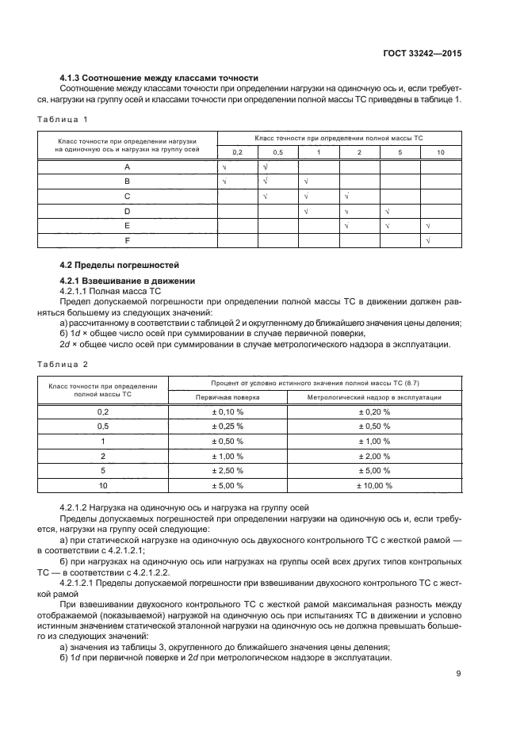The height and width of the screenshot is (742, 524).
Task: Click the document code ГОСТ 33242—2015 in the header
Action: coord(421,54)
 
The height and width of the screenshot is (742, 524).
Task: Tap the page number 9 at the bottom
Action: coord(459,674)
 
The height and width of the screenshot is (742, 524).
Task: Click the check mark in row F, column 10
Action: coord(428,240)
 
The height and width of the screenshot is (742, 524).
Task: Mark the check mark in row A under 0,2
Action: coord(224,167)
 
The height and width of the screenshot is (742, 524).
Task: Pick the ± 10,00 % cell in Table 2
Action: coord(373,484)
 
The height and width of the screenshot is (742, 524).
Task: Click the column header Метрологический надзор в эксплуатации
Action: coord(373,396)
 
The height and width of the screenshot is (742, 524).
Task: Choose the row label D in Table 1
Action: coord(127,211)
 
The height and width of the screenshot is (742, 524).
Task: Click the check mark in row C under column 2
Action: coord(346,196)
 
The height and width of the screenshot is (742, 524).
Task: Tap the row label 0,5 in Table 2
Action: coord(102,426)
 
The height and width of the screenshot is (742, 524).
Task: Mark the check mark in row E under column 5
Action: coord(388,226)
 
